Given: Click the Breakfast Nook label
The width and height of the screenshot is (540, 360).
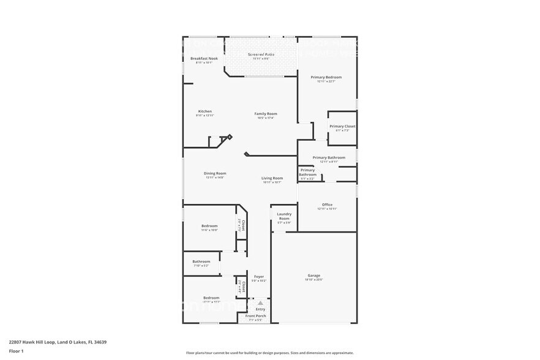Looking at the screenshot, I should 204,58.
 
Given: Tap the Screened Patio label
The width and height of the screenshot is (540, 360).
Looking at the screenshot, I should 261,54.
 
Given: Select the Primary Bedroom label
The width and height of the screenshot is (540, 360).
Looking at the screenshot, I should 326,77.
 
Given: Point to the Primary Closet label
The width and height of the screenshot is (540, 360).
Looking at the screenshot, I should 342,126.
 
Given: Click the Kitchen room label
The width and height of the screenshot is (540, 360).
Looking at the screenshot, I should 204,111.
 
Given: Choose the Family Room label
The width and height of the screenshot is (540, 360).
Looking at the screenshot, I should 266,113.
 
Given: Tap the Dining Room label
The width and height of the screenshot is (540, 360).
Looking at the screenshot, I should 215,173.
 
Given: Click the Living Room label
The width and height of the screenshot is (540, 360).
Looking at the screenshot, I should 272,178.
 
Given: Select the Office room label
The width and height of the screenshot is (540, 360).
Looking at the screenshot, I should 327,204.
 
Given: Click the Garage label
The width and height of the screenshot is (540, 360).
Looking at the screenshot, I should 313,276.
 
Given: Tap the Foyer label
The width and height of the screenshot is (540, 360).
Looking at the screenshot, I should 259,277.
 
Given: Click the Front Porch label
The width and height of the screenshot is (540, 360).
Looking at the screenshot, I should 256,316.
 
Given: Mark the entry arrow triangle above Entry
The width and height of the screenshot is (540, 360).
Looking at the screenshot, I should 260,303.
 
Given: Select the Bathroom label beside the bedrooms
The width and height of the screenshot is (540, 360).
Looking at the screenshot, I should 201,261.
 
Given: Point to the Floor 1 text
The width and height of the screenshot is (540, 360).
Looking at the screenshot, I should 16,351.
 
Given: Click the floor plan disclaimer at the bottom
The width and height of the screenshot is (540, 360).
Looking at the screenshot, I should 269,353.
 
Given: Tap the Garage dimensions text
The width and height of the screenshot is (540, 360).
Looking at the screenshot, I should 313,280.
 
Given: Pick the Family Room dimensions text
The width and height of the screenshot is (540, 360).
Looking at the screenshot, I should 266,118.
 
